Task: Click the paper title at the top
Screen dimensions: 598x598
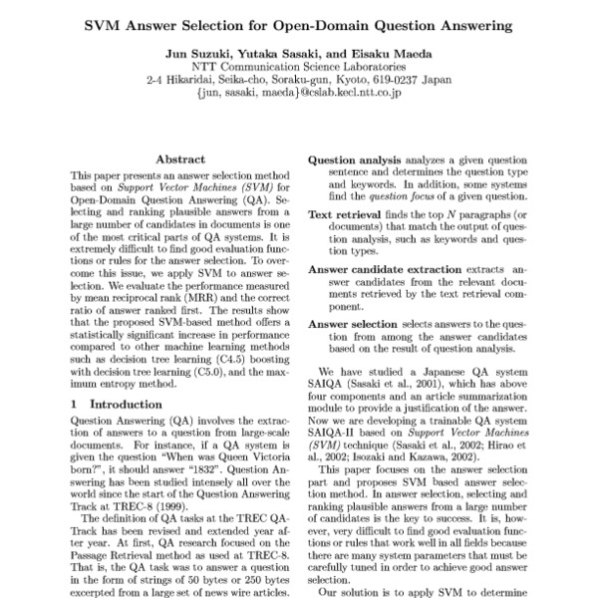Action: (x=298, y=22)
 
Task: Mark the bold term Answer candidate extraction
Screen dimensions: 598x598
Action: (x=385, y=269)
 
